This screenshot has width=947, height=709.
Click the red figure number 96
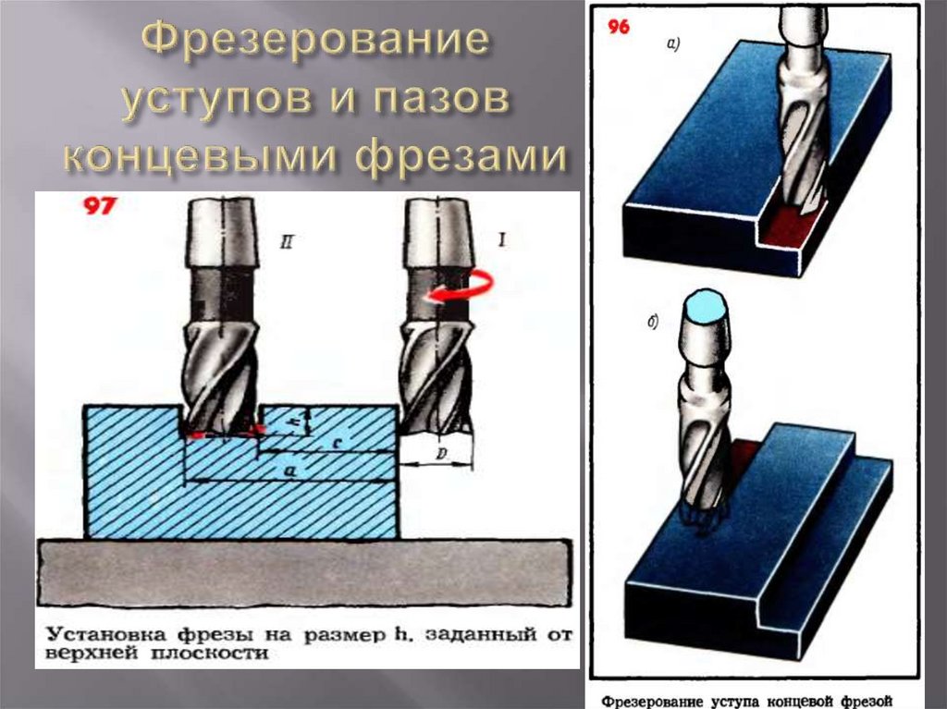pyautogui.click(x=619, y=27)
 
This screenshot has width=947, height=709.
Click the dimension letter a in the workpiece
pyautogui.click(x=289, y=471)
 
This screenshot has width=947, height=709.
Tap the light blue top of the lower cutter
pyautogui.click(x=705, y=304)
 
